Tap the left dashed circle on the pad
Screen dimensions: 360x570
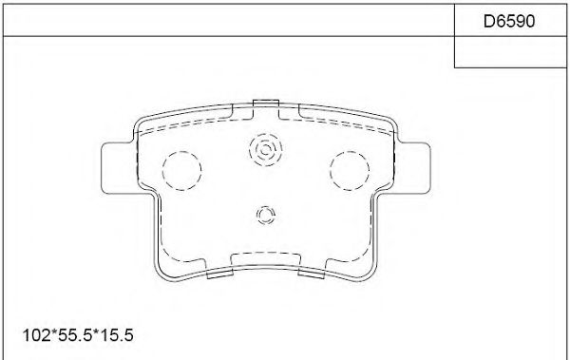(182, 170)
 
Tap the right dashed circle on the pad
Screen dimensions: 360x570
(349, 170)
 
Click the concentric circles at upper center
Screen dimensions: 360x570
(264, 149)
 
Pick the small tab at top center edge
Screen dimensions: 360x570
(266, 102)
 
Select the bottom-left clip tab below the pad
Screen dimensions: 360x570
(219, 275)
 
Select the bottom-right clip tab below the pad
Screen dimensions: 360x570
(312, 275)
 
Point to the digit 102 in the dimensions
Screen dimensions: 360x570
(32, 335)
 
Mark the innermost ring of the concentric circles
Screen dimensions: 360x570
(264, 149)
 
